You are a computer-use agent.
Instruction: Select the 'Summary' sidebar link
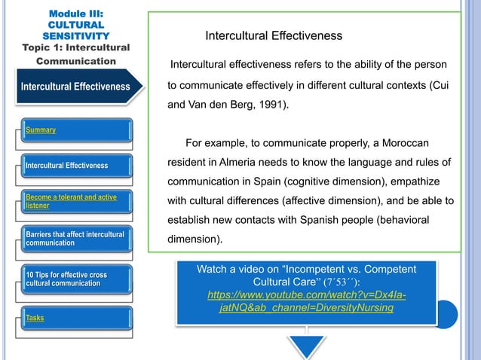click(41, 130)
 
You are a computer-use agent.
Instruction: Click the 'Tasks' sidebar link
click(35, 318)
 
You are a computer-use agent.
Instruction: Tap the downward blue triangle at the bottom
click(306, 346)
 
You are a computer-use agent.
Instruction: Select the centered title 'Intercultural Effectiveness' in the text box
click(274, 35)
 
